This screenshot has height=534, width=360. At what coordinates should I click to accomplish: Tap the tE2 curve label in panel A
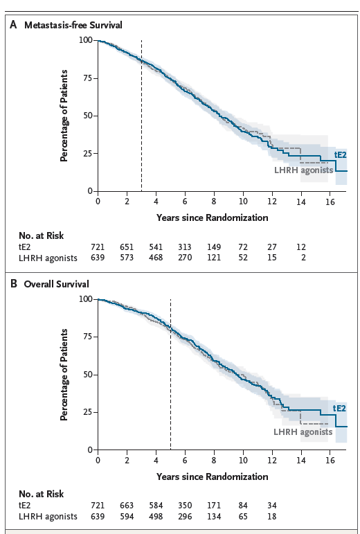[340, 154]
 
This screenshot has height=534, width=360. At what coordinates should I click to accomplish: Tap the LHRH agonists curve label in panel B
[303, 431]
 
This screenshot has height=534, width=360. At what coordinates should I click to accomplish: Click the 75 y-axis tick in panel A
[87, 78]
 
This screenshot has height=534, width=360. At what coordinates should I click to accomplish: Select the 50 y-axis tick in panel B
[87, 375]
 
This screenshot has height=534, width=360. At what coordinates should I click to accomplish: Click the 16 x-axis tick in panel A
[330, 201]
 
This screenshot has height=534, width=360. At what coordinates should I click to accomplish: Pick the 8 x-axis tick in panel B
[214, 460]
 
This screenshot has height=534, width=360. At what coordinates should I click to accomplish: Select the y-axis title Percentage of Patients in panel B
[64, 375]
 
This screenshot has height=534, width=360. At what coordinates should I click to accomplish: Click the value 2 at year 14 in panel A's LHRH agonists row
[301, 258]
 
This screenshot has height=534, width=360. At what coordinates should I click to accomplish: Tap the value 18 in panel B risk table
[272, 517]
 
